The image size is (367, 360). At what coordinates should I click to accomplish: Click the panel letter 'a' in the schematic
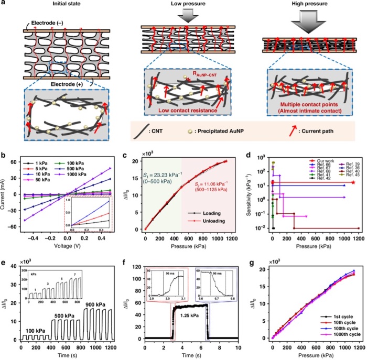(x=5, y=5)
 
